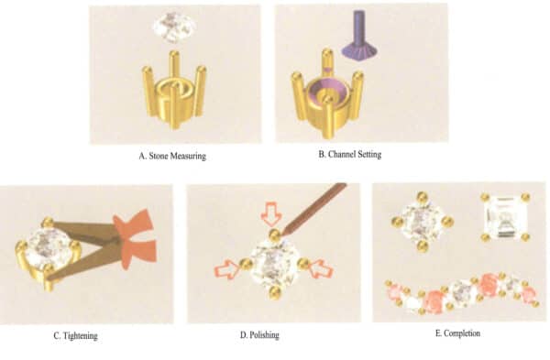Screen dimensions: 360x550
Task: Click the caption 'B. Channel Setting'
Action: point(349,154)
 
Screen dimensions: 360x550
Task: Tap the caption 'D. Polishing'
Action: point(259,334)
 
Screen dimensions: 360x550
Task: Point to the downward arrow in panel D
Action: point(271,213)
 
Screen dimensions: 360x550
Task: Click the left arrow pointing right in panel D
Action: point(227,267)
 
